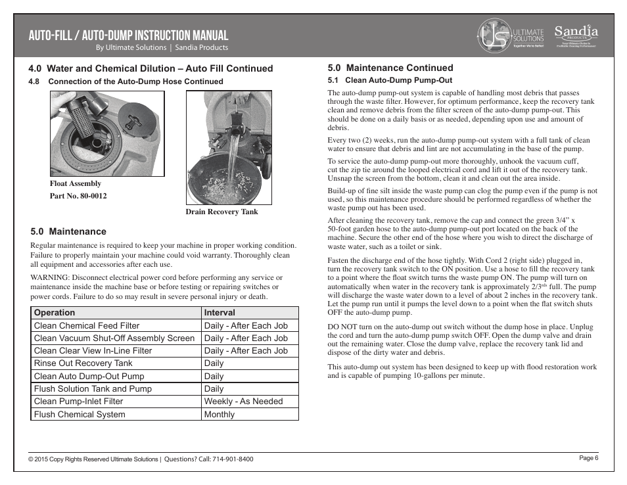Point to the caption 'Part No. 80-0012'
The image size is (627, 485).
78,196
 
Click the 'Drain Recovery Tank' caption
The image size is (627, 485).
221,212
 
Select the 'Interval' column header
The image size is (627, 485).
220,313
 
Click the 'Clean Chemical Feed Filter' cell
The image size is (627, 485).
87,325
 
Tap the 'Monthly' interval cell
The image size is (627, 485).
220,414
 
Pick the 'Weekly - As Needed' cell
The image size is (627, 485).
243,401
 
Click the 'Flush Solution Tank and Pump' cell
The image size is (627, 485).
93,388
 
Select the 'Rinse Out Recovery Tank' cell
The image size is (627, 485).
83,363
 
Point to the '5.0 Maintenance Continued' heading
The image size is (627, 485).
390,68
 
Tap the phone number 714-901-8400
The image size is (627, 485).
233,459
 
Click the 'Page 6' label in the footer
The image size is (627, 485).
588,458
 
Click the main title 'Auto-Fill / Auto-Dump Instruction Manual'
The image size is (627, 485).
128,35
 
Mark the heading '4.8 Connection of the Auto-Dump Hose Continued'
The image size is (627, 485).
126,81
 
